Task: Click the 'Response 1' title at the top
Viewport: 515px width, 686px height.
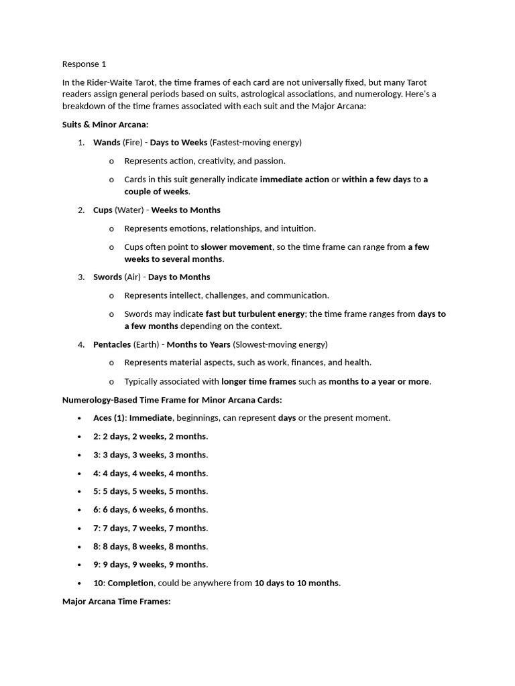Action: (x=84, y=64)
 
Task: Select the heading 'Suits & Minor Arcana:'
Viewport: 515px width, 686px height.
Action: (x=105, y=125)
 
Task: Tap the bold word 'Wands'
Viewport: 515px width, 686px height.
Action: (x=107, y=143)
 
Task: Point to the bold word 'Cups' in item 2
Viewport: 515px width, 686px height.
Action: (x=103, y=210)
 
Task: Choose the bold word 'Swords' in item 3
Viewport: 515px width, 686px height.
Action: (x=107, y=277)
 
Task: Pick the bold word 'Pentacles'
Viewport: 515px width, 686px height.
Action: (x=112, y=345)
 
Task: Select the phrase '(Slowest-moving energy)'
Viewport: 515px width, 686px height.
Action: (x=280, y=345)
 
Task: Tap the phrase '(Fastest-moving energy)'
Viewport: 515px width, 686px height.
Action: (x=255, y=143)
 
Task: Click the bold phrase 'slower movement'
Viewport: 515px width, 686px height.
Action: (x=236, y=247)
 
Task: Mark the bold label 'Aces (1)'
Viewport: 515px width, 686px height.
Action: (x=109, y=418)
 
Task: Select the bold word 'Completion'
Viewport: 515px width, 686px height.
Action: (x=131, y=583)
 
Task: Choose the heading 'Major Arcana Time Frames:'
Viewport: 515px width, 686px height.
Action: (x=117, y=602)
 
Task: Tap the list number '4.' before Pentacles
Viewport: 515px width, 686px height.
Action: (x=81, y=345)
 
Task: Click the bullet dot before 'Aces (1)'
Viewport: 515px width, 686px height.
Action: (x=80, y=418)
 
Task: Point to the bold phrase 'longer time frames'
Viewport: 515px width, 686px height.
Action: (x=259, y=382)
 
